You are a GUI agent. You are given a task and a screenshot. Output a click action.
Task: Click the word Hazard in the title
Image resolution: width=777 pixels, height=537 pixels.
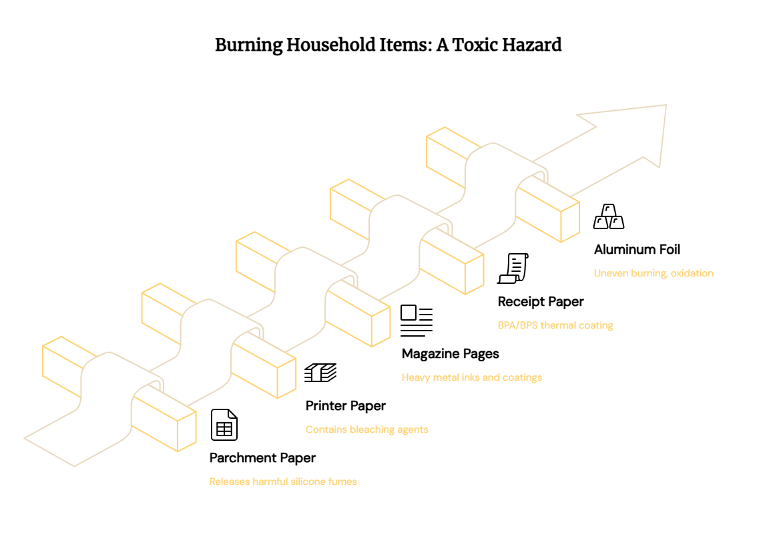[532, 45]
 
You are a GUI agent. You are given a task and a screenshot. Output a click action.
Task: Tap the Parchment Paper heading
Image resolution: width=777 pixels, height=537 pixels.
[262, 458]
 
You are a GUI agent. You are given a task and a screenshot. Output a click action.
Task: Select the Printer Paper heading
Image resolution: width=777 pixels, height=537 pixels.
[345, 405]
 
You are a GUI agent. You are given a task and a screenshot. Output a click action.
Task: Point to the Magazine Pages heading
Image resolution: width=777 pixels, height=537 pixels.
[451, 353]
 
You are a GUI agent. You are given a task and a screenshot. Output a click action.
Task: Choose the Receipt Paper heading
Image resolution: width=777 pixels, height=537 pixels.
[541, 301]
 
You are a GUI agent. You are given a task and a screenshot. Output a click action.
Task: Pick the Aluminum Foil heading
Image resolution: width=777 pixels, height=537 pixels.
[637, 249]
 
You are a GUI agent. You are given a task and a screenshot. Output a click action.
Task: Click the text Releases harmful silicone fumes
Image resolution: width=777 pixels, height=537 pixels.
[283, 482]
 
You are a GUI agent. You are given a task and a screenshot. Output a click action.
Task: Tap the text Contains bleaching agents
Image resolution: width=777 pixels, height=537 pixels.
[366, 429]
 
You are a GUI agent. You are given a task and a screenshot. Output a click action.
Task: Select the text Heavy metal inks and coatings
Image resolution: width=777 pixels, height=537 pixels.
[472, 377]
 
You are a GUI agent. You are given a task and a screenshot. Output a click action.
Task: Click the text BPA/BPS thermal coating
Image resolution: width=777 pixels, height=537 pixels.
[555, 325]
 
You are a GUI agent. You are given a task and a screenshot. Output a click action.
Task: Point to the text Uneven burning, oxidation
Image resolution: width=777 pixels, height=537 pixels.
[654, 273]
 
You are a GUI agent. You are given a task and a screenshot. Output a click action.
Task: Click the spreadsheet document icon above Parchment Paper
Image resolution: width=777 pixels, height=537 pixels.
[224, 425]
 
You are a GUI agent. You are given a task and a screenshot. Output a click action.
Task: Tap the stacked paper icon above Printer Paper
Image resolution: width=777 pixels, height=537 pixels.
[320, 373]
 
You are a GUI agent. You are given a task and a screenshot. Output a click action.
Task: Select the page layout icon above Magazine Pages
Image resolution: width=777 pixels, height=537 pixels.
[417, 321]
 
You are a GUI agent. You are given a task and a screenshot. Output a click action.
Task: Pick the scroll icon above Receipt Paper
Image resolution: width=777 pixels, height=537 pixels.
[513, 268]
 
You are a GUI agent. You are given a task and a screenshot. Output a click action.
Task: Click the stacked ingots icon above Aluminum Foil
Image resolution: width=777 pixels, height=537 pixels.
[609, 216]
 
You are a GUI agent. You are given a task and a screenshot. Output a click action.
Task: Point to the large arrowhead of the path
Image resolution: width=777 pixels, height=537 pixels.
[634, 134]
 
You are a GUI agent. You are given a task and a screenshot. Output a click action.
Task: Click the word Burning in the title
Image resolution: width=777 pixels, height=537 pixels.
[248, 45]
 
